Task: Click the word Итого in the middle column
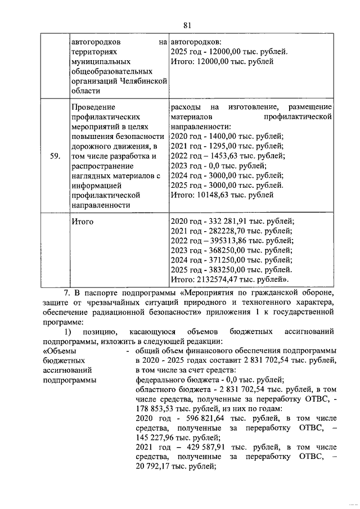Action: click(x=83, y=222)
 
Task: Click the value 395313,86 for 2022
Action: click(x=227, y=241)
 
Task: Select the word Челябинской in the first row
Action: click(x=145, y=81)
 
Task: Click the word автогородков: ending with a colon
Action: click(x=196, y=42)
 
